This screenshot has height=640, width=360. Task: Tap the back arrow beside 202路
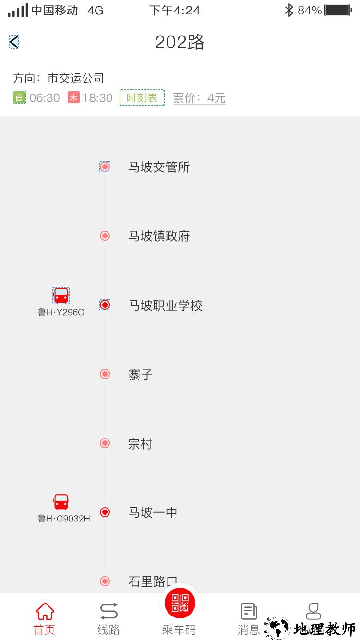pyautogui.click(x=14, y=42)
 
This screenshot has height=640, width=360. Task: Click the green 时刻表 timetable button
pyautogui.click(x=142, y=98)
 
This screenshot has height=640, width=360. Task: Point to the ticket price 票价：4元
pyautogui.click(x=199, y=98)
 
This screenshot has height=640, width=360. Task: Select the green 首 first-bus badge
pyautogui.click(x=19, y=98)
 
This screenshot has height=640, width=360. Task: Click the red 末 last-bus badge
pyautogui.click(x=73, y=98)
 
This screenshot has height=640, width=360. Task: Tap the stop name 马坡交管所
pyautogui.click(x=159, y=167)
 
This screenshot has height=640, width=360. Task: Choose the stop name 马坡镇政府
pyautogui.click(x=159, y=236)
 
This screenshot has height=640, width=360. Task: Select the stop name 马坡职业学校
pyautogui.click(x=165, y=306)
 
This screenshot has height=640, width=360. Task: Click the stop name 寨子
pyautogui.click(x=140, y=375)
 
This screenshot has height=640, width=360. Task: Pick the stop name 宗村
pyautogui.click(x=140, y=444)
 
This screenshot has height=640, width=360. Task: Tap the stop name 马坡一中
pyautogui.click(x=153, y=512)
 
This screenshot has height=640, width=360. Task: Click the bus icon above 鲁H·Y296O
pyautogui.click(x=61, y=296)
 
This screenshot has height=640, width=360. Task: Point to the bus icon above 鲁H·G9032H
pyautogui.click(x=61, y=502)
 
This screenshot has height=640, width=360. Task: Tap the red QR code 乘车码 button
pyautogui.click(x=180, y=603)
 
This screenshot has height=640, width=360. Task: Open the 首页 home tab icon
pyautogui.click(x=45, y=612)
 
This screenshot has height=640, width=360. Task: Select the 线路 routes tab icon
pyautogui.click(x=108, y=612)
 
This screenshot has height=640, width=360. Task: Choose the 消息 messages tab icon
pyautogui.click(x=249, y=612)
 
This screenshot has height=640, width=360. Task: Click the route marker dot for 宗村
pyautogui.click(x=105, y=443)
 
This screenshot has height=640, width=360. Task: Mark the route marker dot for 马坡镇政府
pyautogui.click(x=105, y=236)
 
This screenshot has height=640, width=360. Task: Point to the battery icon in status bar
pyautogui.click(x=338, y=10)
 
